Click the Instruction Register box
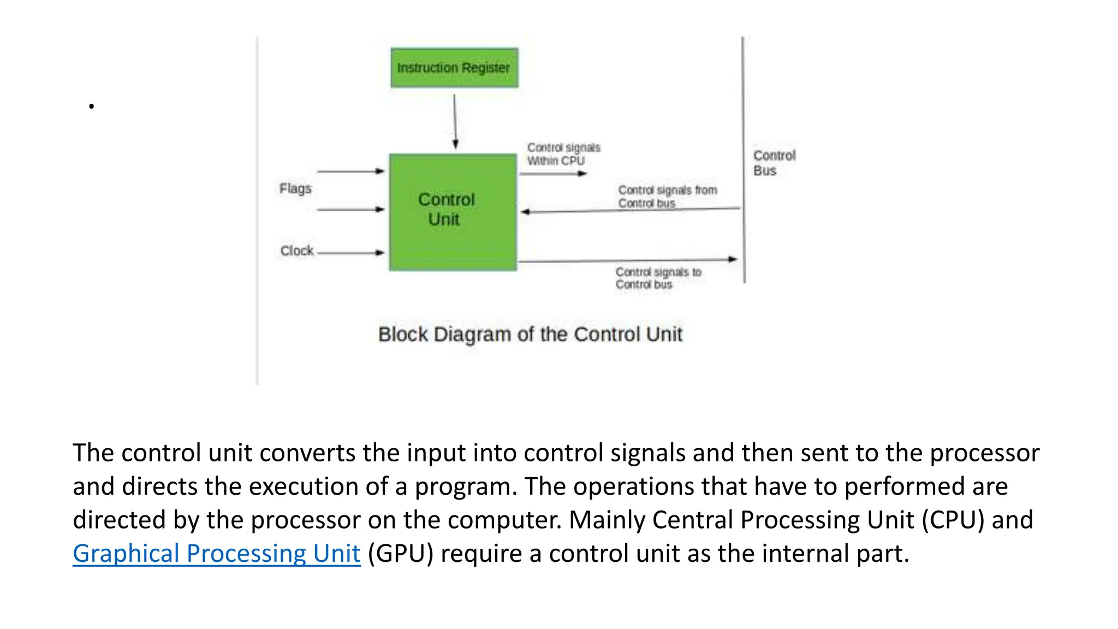pyautogui.click(x=454, y=68)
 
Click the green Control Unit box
pyautogui.click(x=453, y=212)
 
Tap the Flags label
pyautogui.click(x=295, y=188)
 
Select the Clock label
pyautogui.click(x=296, y=251)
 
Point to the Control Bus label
pyautogui.click(x=774, y=163)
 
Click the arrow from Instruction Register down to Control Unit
pyautogui.click(x=455, y=121)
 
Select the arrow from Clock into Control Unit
pyautogui.click(x=351, y=253)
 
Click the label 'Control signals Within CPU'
pyautogui.click(x=563, y=154)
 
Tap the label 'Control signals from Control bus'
pyautogui.click(x=667, y=196)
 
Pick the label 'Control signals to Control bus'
pyautogui.click(x=658, y=278)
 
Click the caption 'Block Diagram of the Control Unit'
pyautogui.click(x=530, y=334)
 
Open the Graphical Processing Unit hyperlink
pyautogui.click(x=216, y=553)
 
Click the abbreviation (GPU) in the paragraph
pyautogui.click(x=400, y=553)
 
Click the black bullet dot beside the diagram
pyautogui.click(x=92, y=106)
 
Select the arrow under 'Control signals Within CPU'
pyautogui.click(x=553, y=174)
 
